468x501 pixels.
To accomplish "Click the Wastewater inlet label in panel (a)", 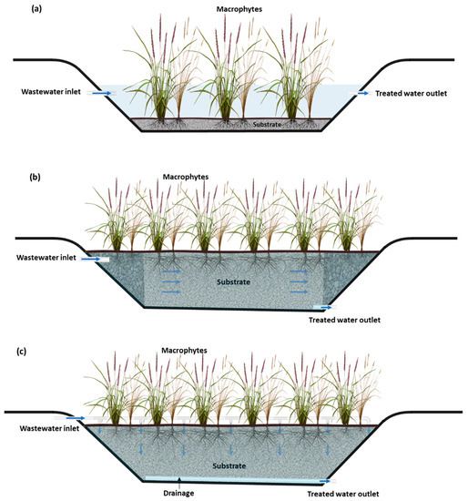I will click(x=49, y=93).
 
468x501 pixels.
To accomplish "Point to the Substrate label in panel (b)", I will click(x=234, y=283).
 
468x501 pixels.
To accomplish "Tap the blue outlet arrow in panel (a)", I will click(x=363, y=93).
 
